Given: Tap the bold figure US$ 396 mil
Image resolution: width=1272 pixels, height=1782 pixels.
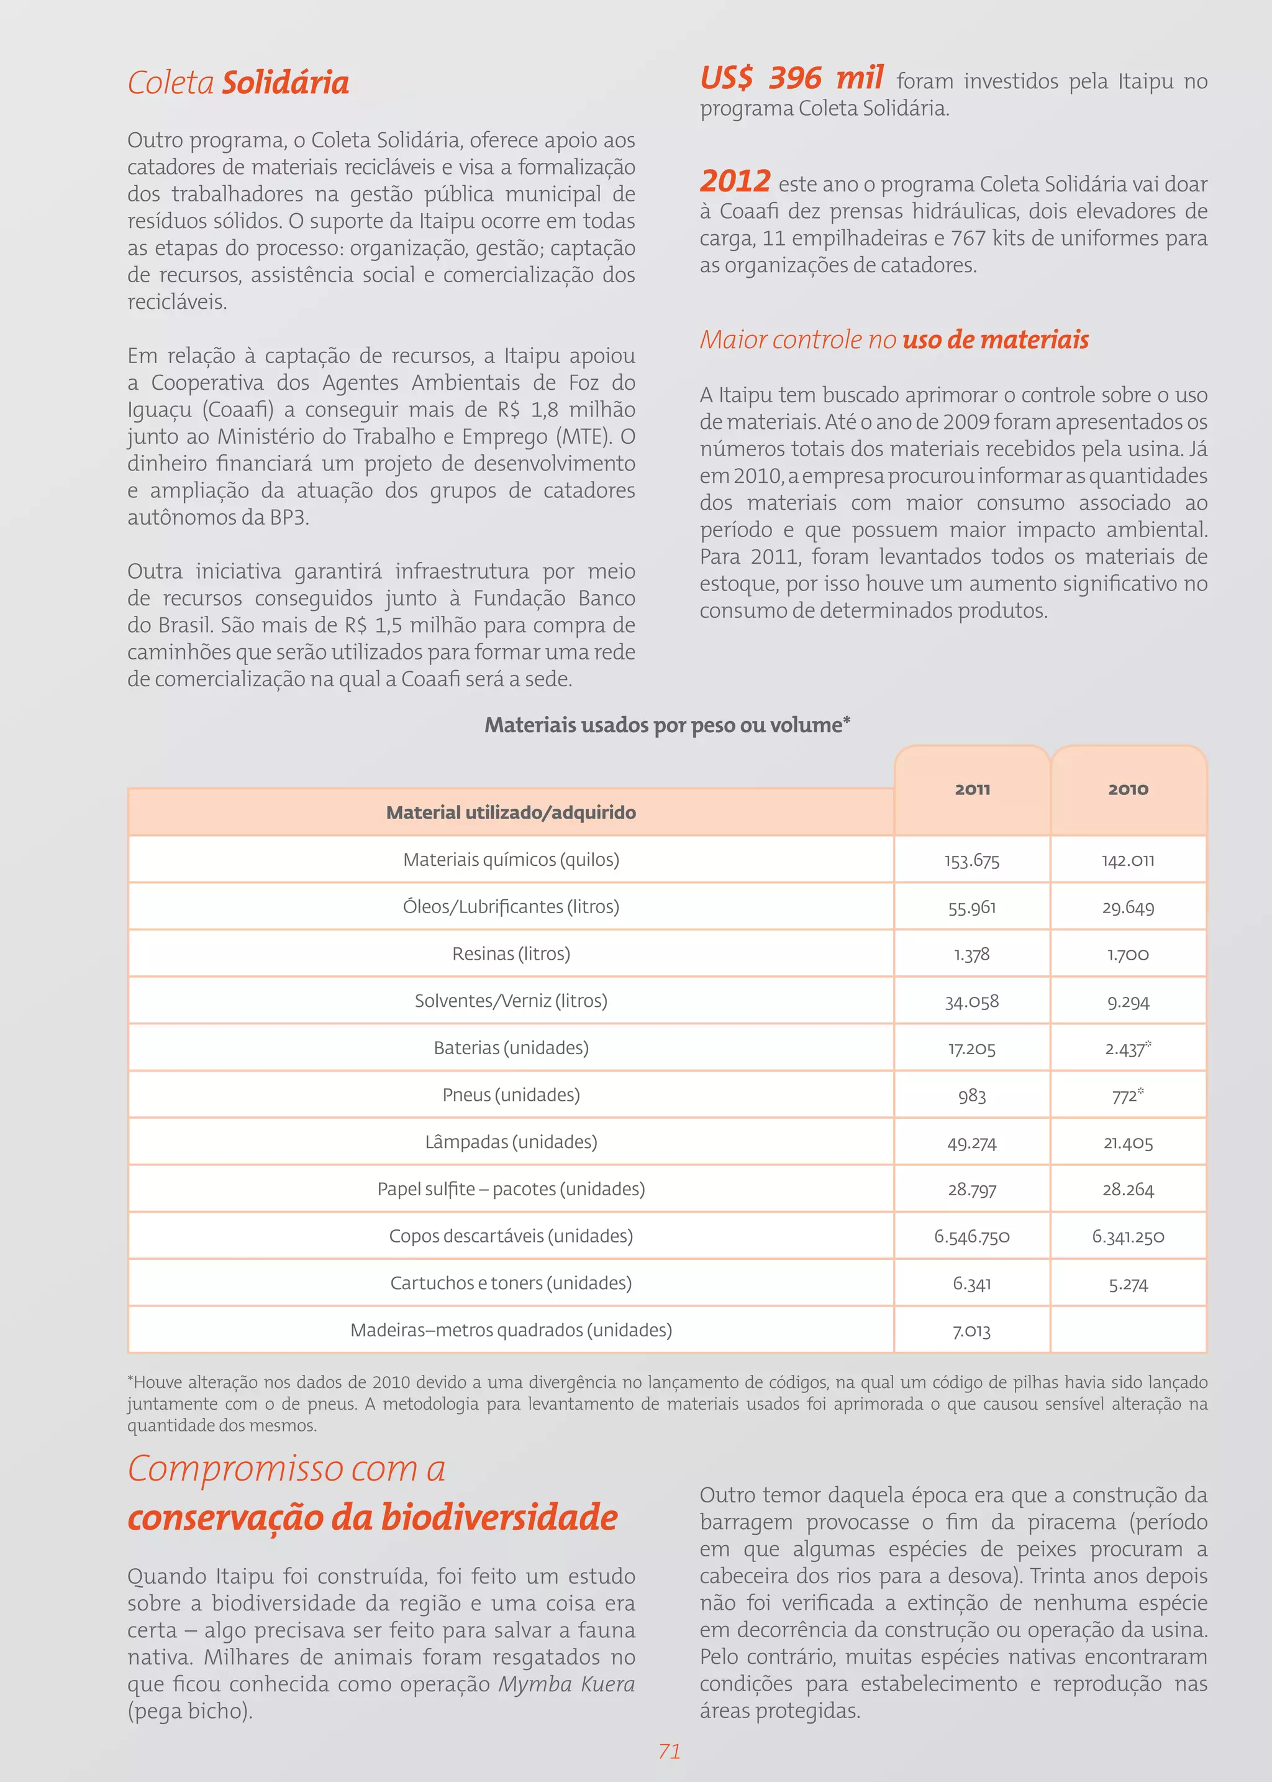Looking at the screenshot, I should click(x=791, y=78).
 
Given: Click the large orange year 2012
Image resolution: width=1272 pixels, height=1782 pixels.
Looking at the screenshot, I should click(x=735, y=181).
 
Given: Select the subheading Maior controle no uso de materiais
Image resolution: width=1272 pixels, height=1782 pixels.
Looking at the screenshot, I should click(x=894, y=339).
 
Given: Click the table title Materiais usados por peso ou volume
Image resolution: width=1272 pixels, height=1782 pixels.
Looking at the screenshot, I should click(x=666, y=725).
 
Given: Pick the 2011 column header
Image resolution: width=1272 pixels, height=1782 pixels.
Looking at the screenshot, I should click(x=972, y=789).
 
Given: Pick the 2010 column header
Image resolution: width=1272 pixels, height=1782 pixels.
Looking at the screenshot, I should click(x=1128, y=789).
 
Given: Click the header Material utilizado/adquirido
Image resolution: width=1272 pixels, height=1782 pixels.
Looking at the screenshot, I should click(x=511, y=812).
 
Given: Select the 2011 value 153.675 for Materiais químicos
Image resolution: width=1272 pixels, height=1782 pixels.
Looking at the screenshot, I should click(x=971, y=860).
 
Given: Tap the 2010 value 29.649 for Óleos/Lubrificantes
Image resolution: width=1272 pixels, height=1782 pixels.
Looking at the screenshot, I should click(x=1128, y=907).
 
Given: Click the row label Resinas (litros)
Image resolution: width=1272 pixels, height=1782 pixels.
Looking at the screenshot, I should click(x=511, y=953).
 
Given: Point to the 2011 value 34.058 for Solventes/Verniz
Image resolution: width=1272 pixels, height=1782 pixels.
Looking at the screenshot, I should click(x=971, y=1001).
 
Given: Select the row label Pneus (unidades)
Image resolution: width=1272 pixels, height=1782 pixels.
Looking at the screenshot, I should click(x=511, y=1095).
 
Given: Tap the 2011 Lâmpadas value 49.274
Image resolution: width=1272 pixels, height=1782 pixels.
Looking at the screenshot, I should click(x=971, y=1142).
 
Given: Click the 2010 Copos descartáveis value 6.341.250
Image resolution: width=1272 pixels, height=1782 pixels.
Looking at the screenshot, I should click(x=1128, y=1237).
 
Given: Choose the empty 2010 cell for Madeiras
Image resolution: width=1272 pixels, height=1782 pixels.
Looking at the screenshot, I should click(x=1128, y=1330).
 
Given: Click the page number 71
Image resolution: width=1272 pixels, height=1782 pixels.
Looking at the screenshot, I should click(x=670, y=1752).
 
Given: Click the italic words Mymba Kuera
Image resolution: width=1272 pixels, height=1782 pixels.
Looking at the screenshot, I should click(x=566, y=1684).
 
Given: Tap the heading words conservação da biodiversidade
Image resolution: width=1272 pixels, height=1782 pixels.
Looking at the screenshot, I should click(x=373, y=1517).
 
